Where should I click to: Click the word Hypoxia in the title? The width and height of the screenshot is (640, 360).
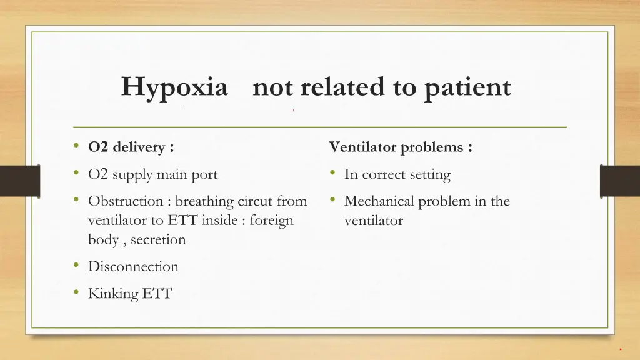coord(174,87)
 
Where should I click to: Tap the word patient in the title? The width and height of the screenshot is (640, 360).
coord(468,87)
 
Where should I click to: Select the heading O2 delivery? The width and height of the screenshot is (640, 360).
coord(131,147)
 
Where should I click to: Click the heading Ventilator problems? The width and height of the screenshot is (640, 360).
coord(401,147)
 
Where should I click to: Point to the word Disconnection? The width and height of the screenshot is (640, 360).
coord(133,267)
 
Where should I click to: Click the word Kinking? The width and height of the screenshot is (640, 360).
coord(113,293)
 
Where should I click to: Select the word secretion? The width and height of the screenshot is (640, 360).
coord(158,240)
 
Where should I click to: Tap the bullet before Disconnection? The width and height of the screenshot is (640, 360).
coord(76,266)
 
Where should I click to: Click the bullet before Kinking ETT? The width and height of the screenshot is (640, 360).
coord(76,292)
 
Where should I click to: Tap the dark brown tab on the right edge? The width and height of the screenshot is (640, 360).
coord(619,181)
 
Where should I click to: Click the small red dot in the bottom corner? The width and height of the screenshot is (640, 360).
coord(621,349)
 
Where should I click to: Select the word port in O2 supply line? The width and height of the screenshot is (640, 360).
coord(204,174)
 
